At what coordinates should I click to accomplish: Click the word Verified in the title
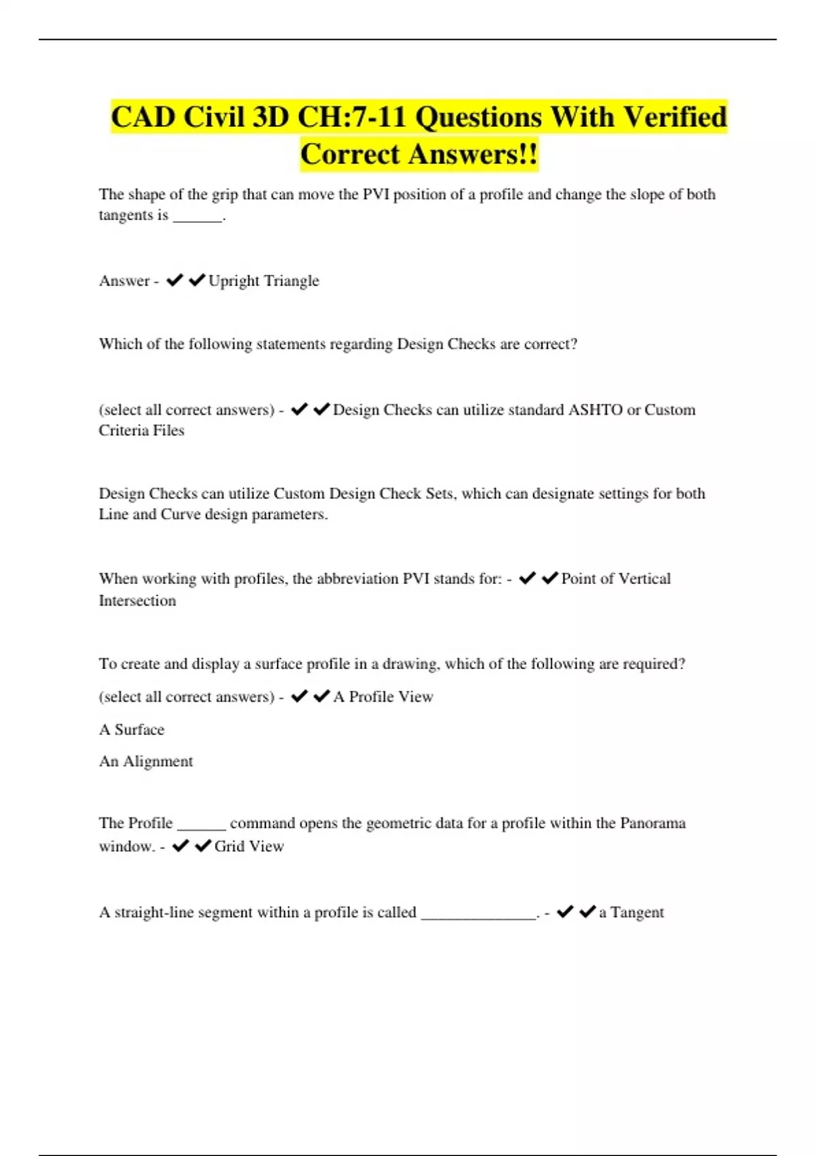tap(675, 117)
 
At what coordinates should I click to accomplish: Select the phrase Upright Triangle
tap(264, 281)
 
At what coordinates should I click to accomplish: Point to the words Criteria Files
tap(141, 430)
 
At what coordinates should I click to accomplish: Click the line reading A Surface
tap(132, 730)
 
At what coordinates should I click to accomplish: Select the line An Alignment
tap(146, 762)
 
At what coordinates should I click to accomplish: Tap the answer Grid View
tap(249, 847)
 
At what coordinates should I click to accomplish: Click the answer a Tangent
tap(631, 913)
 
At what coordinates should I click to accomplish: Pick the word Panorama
tap(652, 823)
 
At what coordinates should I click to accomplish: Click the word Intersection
tap(137, 600)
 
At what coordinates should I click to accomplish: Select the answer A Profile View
tap(384, 697)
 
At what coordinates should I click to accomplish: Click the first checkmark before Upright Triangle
tap(175, 280)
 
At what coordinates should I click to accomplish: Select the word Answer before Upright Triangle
tap(124, 281)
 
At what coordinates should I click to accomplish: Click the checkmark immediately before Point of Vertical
tap(549, 578)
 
